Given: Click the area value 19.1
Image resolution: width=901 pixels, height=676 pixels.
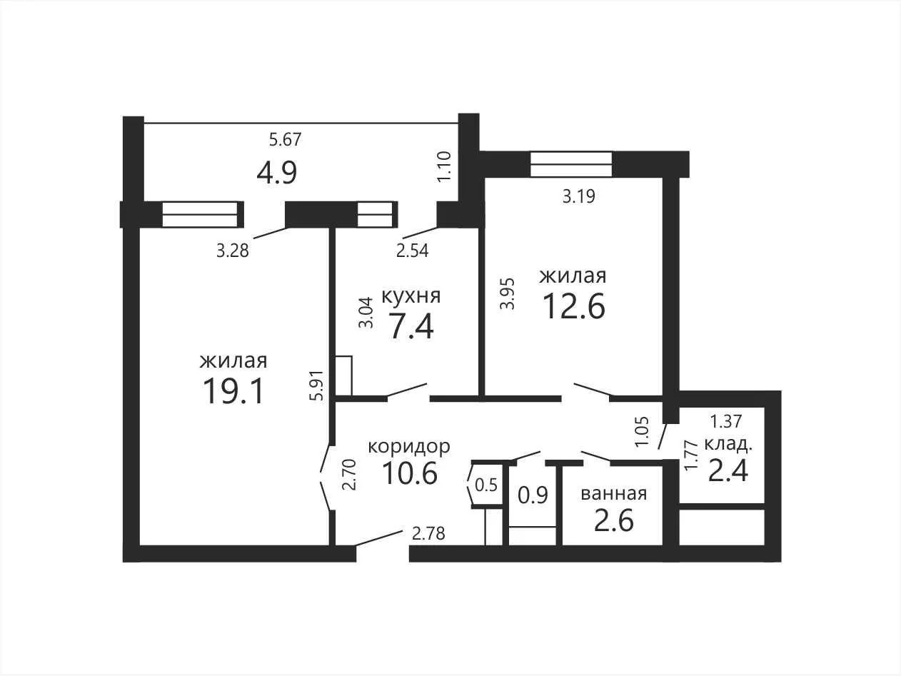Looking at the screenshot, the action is (x=233, y=391).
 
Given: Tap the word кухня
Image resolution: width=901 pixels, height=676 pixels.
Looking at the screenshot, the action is (x=411, y=296).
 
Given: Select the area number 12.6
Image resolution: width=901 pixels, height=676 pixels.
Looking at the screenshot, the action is (x=574, y=306).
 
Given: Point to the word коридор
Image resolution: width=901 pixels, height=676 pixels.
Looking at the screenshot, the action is (x=409, y=447).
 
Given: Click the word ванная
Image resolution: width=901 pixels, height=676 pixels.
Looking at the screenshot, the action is (x=614, y=493).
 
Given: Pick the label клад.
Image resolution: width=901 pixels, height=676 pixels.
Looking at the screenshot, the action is (x=728, y=444).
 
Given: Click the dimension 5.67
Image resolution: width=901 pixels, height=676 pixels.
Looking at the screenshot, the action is (x=286, y=139).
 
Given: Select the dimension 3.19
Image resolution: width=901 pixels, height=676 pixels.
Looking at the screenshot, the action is (x=579, y=196).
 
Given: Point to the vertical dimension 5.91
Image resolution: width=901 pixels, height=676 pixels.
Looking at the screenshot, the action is (x=318, y=385).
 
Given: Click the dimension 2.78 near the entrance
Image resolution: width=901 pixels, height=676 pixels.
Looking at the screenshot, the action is (x=428, y=533).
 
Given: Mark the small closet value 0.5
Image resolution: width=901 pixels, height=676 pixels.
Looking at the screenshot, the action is (x=486, y=485).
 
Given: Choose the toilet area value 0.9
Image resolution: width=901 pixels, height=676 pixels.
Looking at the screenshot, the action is (x=533, y=495).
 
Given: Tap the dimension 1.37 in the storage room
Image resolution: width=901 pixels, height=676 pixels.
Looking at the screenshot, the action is (x=725, y=422).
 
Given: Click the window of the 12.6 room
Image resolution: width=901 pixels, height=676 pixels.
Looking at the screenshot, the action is (x=571, y=164).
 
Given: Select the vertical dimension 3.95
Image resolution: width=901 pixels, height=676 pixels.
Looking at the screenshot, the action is (x=508, y=294).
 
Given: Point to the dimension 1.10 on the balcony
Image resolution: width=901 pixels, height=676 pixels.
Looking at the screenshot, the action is (x=445, y=166).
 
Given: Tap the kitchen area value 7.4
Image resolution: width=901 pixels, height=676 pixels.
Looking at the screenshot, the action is (x=411, y=326).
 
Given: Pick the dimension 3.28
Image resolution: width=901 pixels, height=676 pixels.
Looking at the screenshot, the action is (x=233, y=251).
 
